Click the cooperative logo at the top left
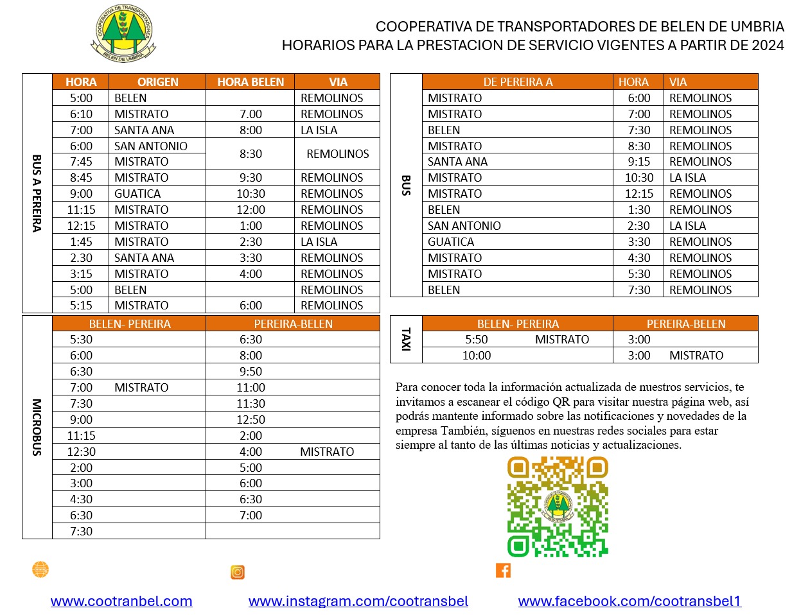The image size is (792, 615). click(123, 34)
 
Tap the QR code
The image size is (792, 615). click(558, 507)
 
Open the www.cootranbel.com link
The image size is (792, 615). click(121, 601)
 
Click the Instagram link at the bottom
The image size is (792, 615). click(358, 601)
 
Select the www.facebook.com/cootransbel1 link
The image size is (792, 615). click(629, 601)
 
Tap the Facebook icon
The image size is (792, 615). click(503, 570)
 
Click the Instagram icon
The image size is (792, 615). click(238, 572)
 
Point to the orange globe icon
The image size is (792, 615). click(40, 569)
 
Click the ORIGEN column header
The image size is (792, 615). click(157, 82)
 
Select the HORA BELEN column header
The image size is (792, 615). click(251, 82)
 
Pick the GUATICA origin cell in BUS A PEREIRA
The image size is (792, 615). click(137, 194)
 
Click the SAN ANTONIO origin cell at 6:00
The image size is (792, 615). click(151, 146)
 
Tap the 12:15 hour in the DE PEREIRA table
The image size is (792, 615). click(638, 194)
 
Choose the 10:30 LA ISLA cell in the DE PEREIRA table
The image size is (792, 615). click(687, 178)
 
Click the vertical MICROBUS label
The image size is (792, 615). click(37, 427)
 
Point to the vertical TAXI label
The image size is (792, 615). click(405, 339)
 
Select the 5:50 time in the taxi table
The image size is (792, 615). click(476, 340)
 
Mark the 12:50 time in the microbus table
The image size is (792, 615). click(251, 420)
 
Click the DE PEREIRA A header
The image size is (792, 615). click(518, 82)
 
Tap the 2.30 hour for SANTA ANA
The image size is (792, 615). click(81, 258)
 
